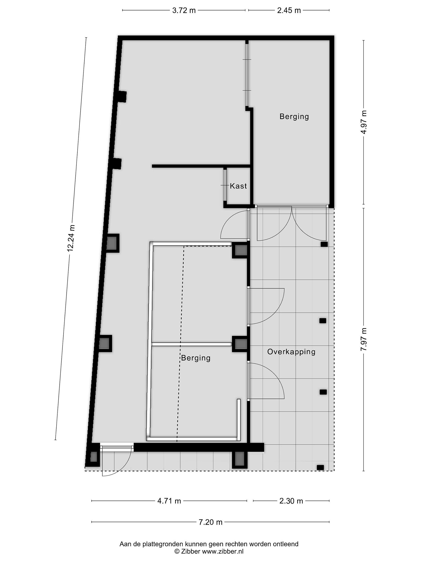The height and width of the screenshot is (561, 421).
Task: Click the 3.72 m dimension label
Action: click(x=184, y=10)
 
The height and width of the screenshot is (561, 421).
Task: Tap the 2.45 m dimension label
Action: click(x=289, y=10)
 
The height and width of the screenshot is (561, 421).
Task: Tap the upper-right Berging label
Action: click(x=294, y=117)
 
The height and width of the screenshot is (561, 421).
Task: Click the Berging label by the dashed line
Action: click(x=196, y=358)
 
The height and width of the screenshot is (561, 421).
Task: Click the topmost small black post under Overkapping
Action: click(x=324, y=244)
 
